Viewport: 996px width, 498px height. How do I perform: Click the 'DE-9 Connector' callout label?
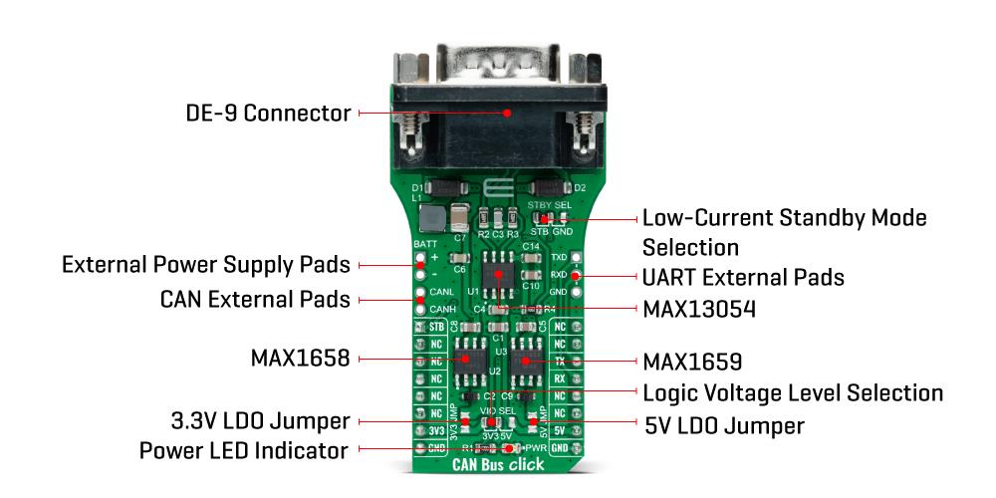(x=269, y=114)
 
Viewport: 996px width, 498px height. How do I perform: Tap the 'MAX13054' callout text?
(x=698, y=310)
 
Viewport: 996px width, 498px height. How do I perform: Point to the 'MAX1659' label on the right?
(x=692, y=360)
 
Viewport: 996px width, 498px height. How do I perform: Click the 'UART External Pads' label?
(x=743, y=277)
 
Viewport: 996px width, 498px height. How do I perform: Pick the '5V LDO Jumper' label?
(x=724, y=426)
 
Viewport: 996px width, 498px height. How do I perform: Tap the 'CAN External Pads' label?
(x=255, y=299)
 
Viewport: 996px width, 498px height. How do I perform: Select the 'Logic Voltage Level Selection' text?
(x=793, y=392)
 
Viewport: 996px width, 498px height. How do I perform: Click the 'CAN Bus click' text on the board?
(x=498, y=464)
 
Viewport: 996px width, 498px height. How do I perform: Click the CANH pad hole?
(x=421, y=309)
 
